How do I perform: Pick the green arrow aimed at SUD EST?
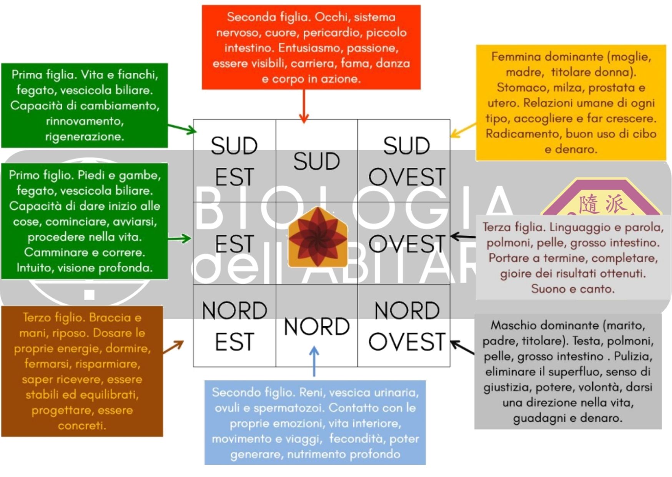pos(182,128)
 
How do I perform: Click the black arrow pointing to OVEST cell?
pos(463,236)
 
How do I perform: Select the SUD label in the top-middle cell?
pos(316,161)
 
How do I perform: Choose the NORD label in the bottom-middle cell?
pos(316,327)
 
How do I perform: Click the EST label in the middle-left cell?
pos(234,244)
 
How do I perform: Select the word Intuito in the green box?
pos(34,268)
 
